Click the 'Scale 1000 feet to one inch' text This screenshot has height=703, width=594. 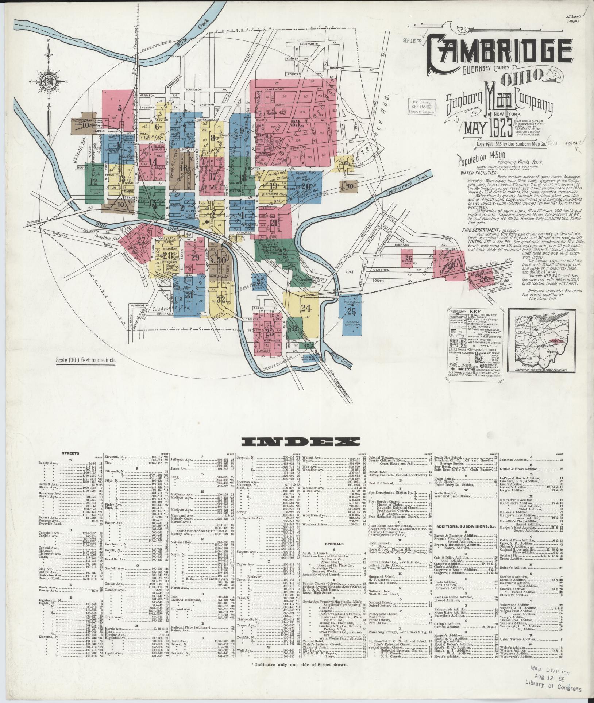(86, 360)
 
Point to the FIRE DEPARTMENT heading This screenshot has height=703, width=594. (478, 230)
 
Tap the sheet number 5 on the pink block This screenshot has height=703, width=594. (120, 108)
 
